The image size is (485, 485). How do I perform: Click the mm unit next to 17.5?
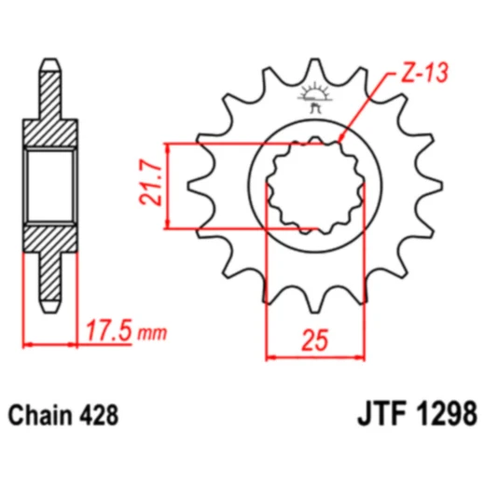pyautogui.click(x=149, y=334)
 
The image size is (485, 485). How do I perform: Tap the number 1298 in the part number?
pyautogui.click(x=446, y=412)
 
